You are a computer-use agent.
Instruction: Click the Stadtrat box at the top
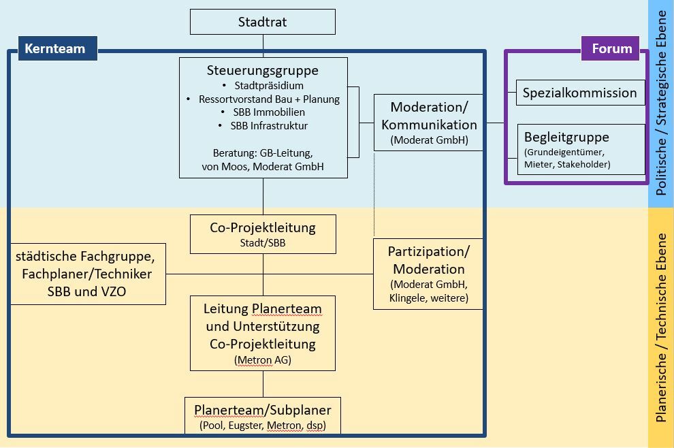262,22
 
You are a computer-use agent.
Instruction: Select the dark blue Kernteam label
54,48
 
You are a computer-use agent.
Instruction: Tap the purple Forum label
611,48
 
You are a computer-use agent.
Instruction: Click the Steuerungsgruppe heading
263,70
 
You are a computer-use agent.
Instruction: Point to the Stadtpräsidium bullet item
268,86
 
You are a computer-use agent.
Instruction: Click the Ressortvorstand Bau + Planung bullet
269,99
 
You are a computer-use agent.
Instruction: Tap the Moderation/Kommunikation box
429,123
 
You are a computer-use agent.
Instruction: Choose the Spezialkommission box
580,93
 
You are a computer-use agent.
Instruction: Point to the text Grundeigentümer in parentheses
562,152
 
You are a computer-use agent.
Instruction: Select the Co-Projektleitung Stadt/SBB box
263,234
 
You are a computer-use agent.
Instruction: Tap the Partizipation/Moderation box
429,274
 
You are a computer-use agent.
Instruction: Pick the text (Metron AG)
262,359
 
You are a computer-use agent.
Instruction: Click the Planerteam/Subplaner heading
263,410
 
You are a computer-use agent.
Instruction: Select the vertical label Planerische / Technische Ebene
660,327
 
